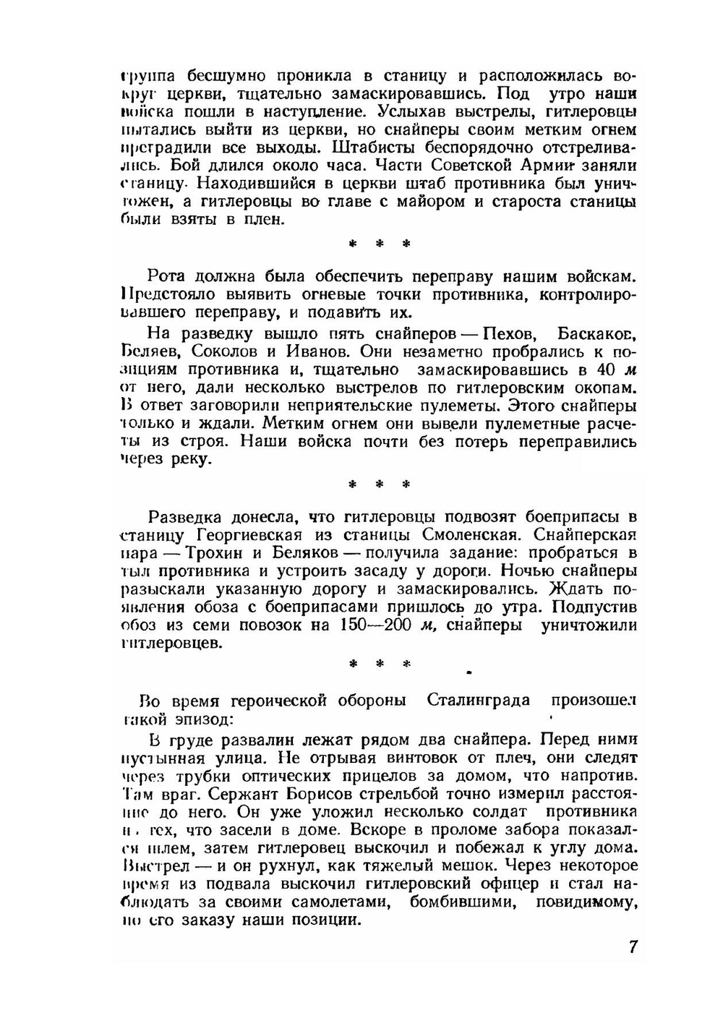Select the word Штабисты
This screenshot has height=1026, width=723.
tap(375, 148)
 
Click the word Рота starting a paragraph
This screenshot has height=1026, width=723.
tap(168, 277)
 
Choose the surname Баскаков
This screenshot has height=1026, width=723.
tap(597, 334)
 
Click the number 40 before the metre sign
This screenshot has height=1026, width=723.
tap(608, 370)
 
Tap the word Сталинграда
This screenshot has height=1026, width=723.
tap(478, 701)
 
